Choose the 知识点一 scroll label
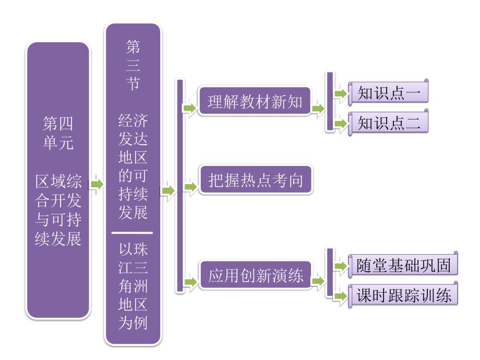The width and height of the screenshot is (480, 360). coord(389,92)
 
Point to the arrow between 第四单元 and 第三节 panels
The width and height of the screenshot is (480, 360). coord(97,184)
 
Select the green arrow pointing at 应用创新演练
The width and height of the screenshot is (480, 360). coord(189,282)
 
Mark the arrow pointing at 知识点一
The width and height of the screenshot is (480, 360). coord(340,93)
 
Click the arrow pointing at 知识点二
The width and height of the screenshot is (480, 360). coord(340,124)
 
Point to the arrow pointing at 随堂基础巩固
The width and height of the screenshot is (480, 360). coord(340,266)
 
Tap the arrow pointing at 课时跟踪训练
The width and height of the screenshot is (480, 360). coord(340,296)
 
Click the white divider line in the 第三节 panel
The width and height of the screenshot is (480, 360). coord(133,233)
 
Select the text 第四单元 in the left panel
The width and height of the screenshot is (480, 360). coord(58,134)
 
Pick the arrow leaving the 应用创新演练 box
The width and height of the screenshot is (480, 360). coord(317,282)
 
